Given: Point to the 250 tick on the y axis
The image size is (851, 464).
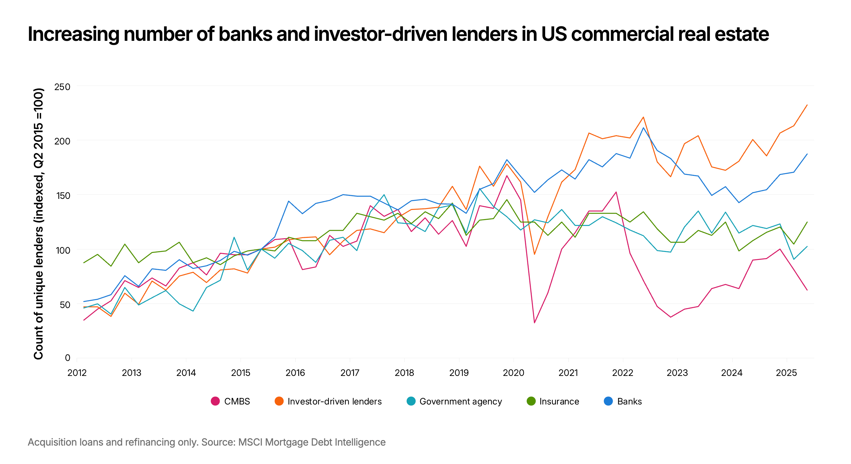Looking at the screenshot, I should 63,87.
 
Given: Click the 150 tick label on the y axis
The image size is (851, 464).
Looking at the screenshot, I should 63,196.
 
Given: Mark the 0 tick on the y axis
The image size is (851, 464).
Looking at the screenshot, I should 67,358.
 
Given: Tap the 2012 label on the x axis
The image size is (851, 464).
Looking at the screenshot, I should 77,373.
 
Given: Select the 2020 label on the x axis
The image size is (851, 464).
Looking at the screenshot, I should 513,373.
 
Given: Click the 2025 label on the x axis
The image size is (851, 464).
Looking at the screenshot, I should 786,373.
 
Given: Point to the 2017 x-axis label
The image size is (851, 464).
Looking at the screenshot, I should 350,373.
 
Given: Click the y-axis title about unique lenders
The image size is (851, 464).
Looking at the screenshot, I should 38,223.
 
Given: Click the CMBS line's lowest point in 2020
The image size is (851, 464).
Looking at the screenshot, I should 534,323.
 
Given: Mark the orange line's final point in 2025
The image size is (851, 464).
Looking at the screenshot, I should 807,105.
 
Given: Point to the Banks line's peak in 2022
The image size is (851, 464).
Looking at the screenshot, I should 643,128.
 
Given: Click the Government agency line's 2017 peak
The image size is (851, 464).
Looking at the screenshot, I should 384,195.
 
